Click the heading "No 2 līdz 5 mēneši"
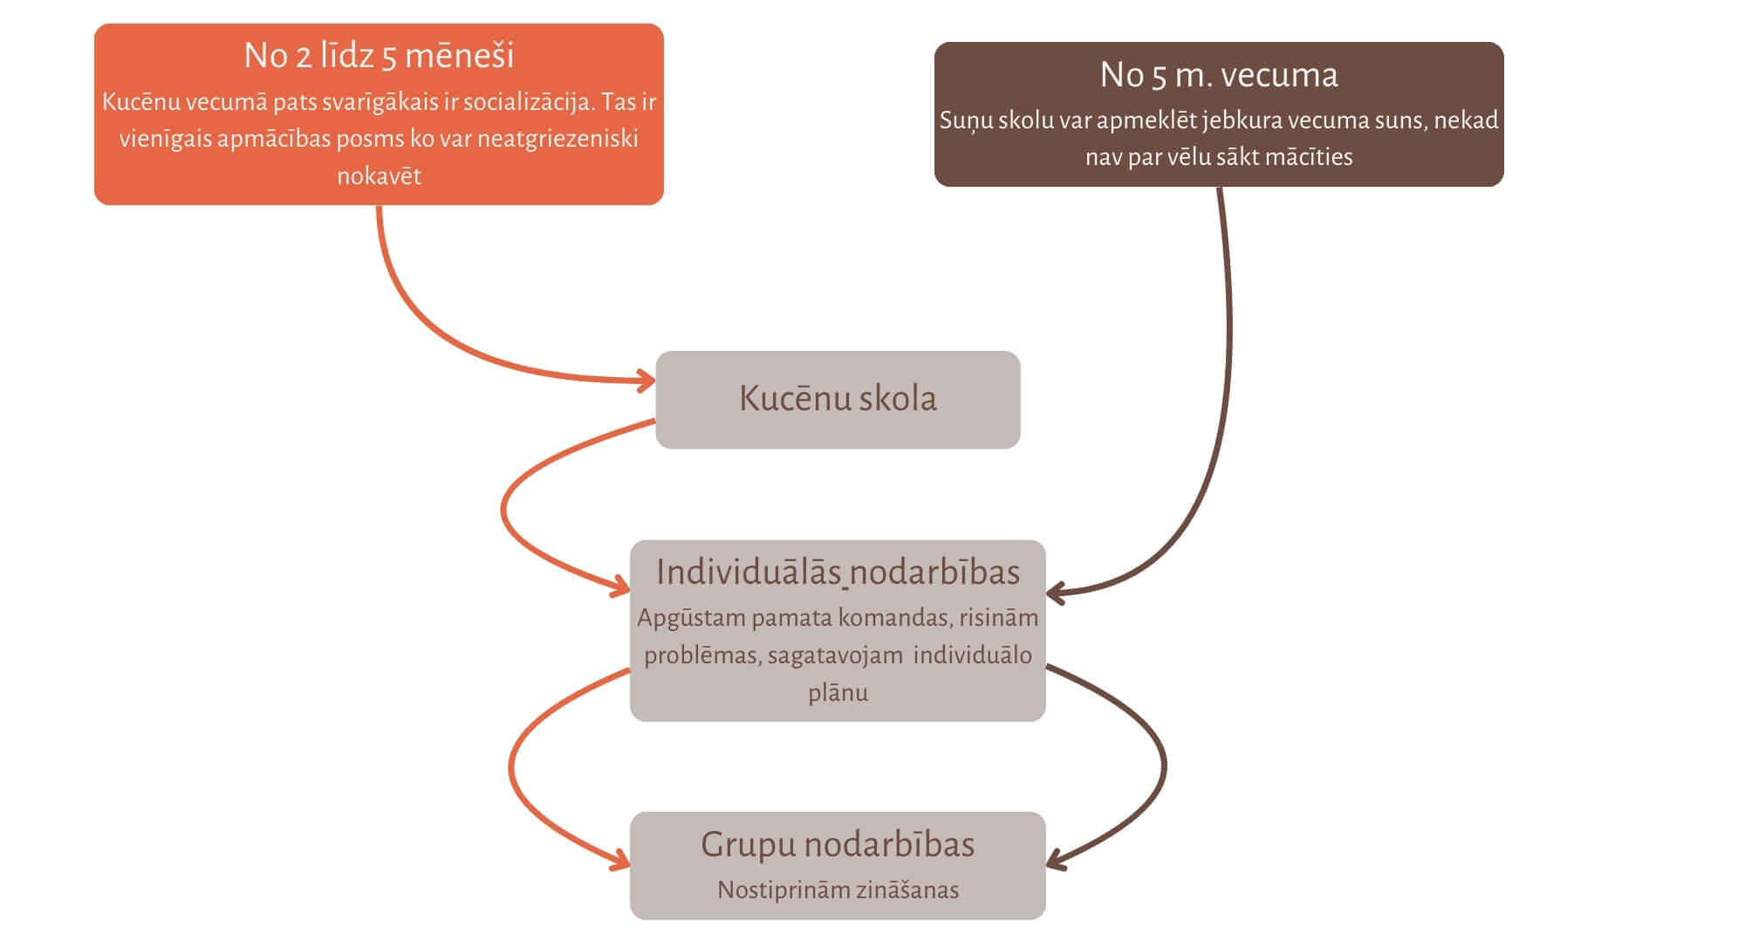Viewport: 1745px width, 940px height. (x=379, y=56)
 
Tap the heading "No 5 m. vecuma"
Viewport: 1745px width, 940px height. (x=1218, y=75)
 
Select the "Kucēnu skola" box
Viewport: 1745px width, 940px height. (x=838, y=399)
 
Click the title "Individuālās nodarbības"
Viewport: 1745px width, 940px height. (x=838, y=573)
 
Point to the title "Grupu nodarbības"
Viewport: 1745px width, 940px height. (x=838, y=845)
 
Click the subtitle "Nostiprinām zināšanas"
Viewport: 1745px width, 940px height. (x=838, y=890)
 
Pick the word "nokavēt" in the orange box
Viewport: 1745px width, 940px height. (x=379, y=176)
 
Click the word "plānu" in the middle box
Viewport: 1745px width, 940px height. (x=838, y=693)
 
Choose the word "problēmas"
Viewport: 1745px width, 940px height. (x=701, y=655)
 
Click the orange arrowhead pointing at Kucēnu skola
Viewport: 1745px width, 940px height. (x=647, y=381)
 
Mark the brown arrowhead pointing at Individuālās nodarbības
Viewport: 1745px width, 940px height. (x=1055, y=594)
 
